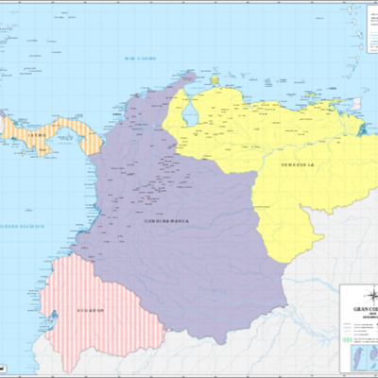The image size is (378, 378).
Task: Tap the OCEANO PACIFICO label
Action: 21,228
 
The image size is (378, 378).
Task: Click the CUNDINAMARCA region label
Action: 165,220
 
